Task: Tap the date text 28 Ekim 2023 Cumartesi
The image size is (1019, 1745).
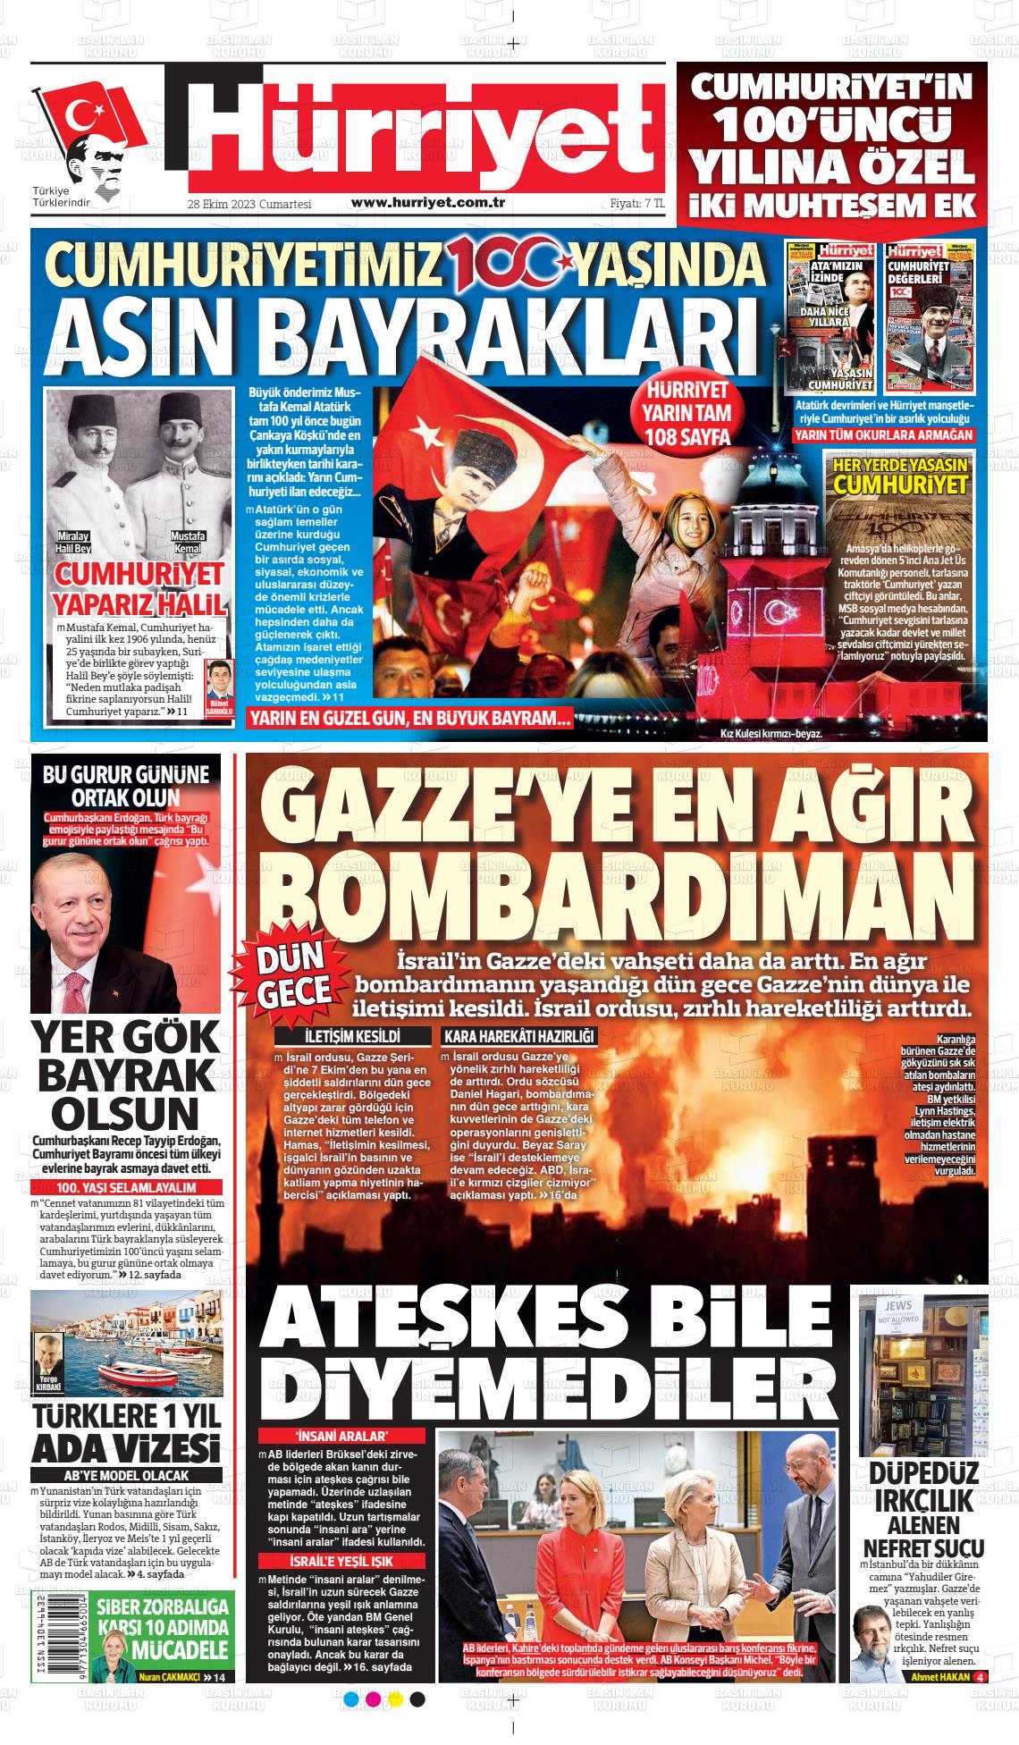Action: click(248, 204)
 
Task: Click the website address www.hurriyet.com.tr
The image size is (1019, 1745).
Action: click(428, 203)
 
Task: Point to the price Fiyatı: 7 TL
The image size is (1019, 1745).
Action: click(637, 204)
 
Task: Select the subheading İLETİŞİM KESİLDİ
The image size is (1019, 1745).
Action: click(352, 1037)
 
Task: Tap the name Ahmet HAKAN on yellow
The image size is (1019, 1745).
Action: click(939, 1677)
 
